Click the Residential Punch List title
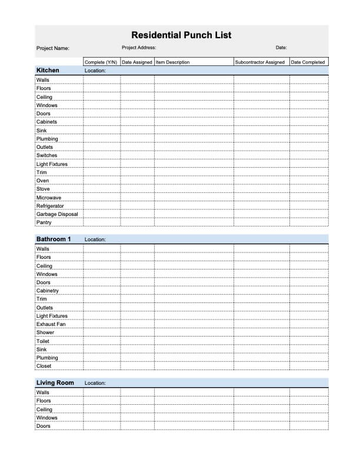click(181, 35)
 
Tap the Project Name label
click(53, 48)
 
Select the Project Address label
click(139, 48)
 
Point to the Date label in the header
click(281, 48)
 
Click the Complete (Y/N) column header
click(101, 62)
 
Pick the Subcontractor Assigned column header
click(260, 62)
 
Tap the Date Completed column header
click(308, 62)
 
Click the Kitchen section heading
click(48, 71)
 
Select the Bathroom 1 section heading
click(54, 239)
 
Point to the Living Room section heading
click(55, 383)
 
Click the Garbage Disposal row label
click(57, 214)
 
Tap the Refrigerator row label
click(50, 206)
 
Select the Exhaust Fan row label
click(51, 324)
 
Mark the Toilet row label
click(43, 341)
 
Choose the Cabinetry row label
click(48, 291)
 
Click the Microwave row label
click(49, 198)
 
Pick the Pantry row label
click(44, 222)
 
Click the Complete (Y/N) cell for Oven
click(102, 181)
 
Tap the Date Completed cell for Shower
click(309, 332)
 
